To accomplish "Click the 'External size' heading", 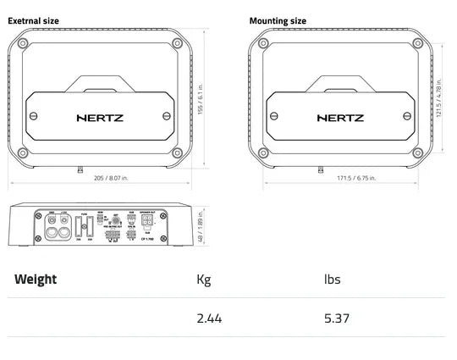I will [x=34, y=20].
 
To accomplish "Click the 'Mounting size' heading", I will [x=278, y=20].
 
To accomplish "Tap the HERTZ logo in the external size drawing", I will [x=100, y=118].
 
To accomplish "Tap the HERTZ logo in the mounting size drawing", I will [x=341, y=118].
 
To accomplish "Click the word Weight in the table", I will [x=36, y=280].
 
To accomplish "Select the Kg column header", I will [x=203, y=280].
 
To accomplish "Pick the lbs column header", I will [x=332, y=280].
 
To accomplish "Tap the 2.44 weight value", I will [x=208, y=318].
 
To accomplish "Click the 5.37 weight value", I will [x=336, y=318].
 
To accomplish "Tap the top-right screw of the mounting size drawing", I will [x=417, y=43].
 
